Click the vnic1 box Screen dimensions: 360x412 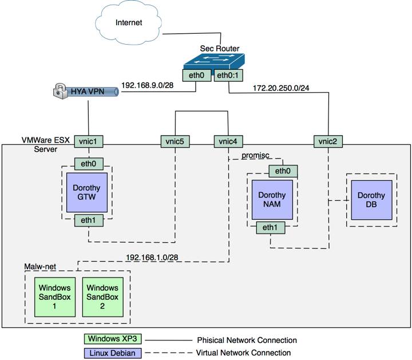(89, 140)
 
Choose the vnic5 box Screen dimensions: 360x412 (175, 140)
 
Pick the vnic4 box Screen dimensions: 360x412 (228, 140)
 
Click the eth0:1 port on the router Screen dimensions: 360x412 (228, 75)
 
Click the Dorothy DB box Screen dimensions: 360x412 (371, 199)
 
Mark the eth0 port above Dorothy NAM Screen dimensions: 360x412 (283, 171)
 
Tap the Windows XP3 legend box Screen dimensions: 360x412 (112, 339)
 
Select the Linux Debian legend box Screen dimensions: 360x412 (112, 353)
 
